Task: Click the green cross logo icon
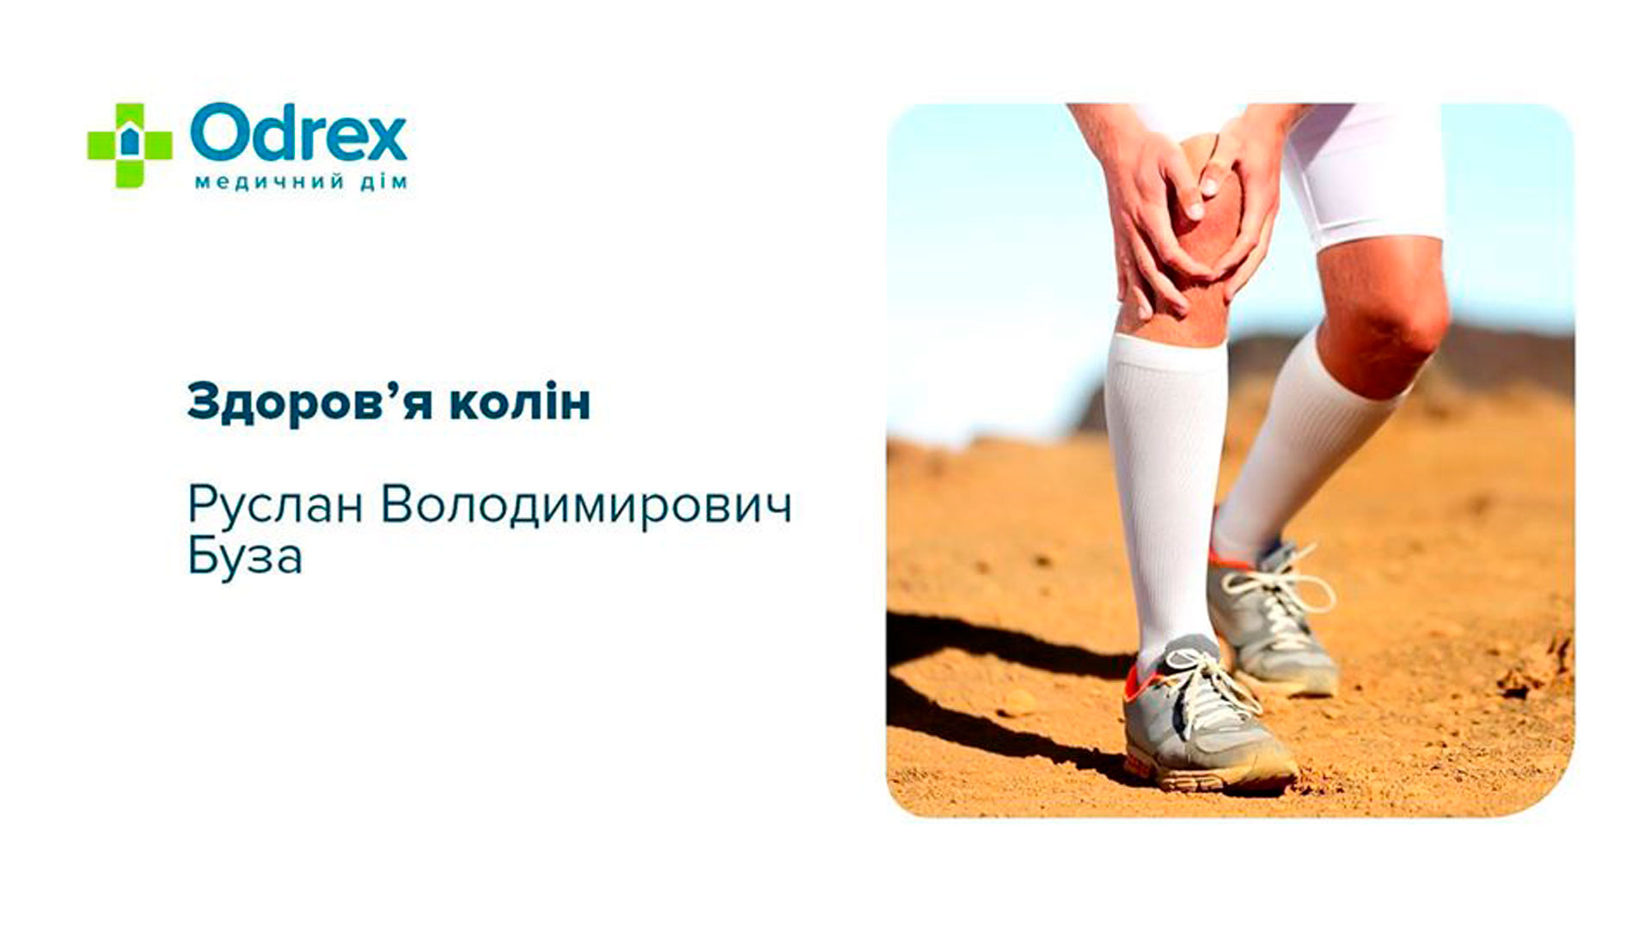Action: click(130, 145)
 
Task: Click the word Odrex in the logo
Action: click(298, 132)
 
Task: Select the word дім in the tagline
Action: click(383, 182)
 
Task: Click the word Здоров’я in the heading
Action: click(309, 401)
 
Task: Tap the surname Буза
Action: click(245, 557)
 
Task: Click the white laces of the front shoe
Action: click(1212, 687)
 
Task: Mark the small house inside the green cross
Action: click(129, 142)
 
